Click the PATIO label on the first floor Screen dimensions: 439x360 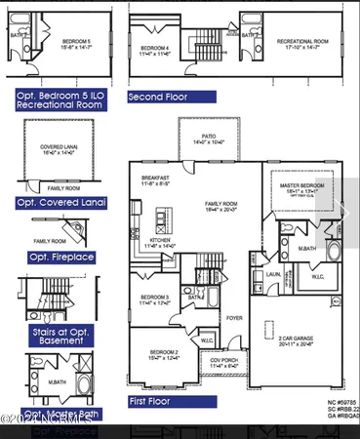[x=207, y=137]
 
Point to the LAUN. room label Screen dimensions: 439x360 [x=274, y=275]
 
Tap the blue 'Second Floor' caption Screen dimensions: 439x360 [x=171, y=98]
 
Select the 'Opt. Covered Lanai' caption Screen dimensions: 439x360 [x=60, y=203]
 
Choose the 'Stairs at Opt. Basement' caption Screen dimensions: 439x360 [x=60, y=337]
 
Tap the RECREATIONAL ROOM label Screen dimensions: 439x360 [x=300, y=43]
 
